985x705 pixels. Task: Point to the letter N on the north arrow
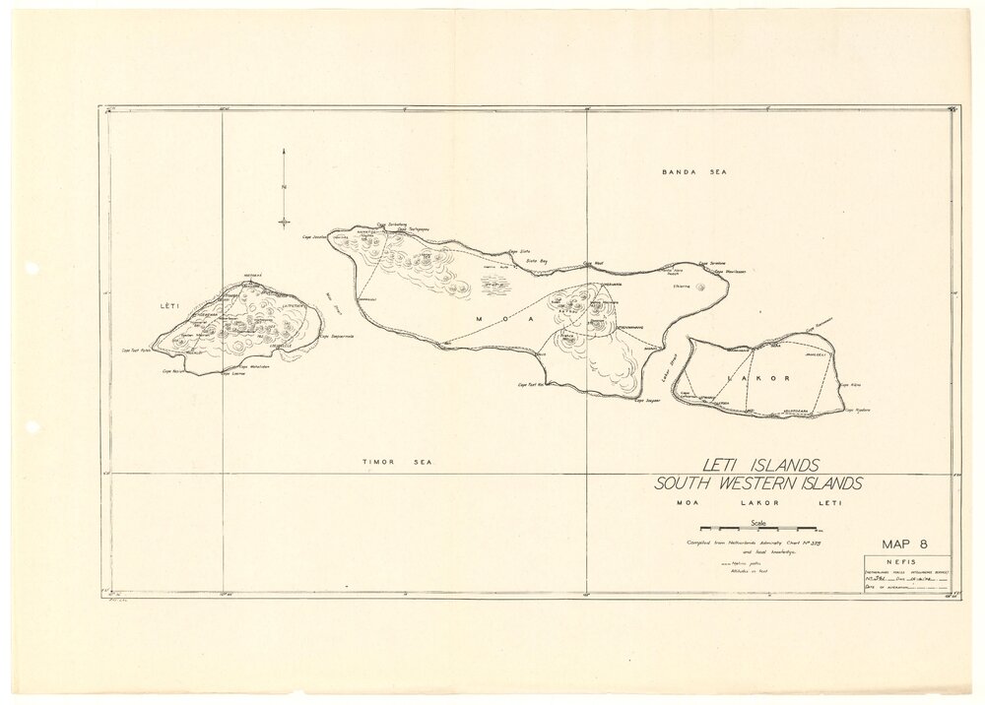click(x=284, y=188)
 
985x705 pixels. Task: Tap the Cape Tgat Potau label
click(x=139, y=349)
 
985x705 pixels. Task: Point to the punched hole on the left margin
click(x=31, y=268)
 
